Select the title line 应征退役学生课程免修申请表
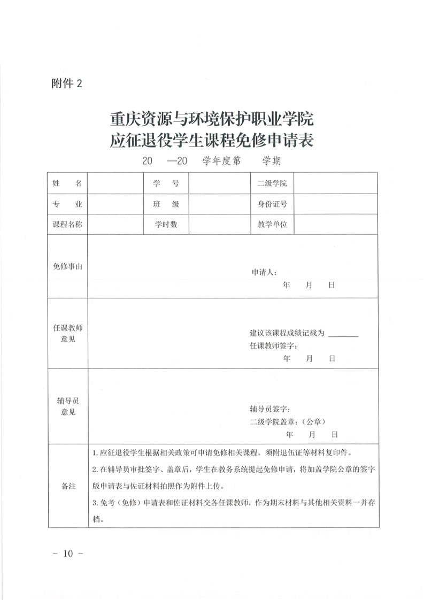[212, 140]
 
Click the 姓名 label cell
[67, 183]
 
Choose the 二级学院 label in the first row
[272, 183]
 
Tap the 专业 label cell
[67, 204]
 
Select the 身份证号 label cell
[272, 204]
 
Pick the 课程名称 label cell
[67, 225]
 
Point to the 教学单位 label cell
[272, 225]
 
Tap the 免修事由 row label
[67, 266]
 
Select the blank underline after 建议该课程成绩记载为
[343, 334]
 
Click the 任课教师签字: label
[274, 345]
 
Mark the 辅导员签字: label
[269, 409]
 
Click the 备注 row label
[67, 486]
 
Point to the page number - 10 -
[66, 553]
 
